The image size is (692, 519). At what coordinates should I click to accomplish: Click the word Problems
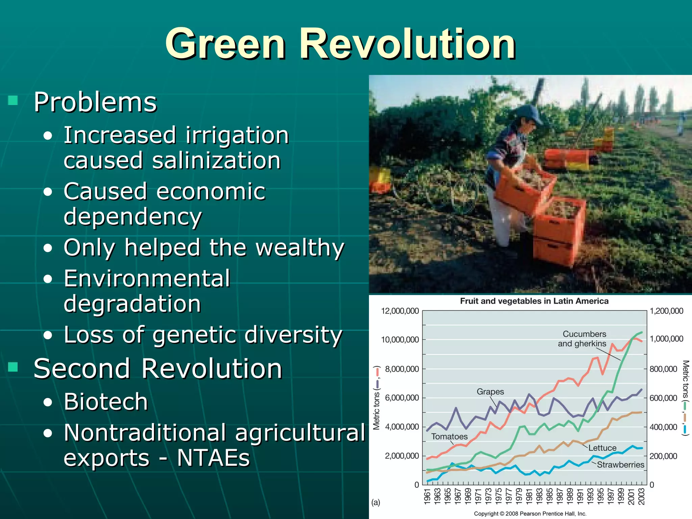point(95,102)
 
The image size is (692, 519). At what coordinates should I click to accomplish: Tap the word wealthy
point(299,248)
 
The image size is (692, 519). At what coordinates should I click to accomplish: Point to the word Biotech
point(106,402)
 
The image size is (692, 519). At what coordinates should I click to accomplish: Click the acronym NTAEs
point(213,458)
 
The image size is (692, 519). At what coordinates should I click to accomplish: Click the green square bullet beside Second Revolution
point(13,367)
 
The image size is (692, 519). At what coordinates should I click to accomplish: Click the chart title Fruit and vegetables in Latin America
point(534,301)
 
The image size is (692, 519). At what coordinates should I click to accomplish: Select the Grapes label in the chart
point(490,392)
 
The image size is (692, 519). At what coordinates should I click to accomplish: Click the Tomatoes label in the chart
point(449,437)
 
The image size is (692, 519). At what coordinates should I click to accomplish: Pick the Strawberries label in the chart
point(620,465)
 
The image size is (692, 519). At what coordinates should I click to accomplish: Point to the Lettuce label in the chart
point(602,448)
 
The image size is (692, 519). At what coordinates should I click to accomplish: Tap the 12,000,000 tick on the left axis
point(400,311)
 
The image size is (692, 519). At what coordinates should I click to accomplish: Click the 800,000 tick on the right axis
point(663,369)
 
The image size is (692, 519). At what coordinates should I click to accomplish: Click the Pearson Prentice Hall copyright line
point(530,514)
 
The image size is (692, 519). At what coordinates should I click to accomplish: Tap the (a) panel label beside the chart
point(376,502)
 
